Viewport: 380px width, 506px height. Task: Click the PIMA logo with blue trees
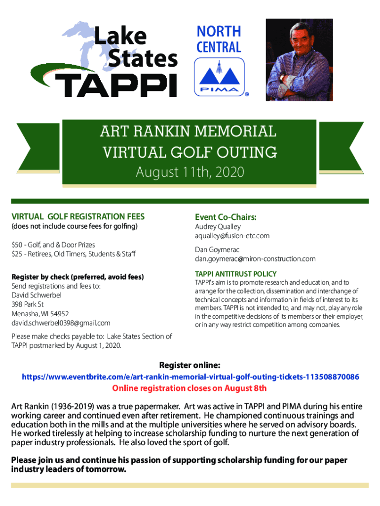pyautogui.click(x=219, y=77)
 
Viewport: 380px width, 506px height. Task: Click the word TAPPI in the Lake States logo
pyautogui.click(x=116, y=84)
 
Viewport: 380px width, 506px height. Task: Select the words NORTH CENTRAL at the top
pyautogui.click(x=219, y=39)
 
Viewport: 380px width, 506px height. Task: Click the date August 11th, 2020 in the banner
pyautogui.click(x=190, y=172)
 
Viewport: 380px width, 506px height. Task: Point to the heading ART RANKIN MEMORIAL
pyautogui.click(x=188, y=132)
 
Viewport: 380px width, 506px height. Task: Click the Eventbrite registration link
pyautogui.click(x=190, y=377)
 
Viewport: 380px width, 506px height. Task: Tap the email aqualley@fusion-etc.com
pyautogui.click(x=232, y=236)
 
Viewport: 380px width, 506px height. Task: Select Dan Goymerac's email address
pyautogui.click(x=255, y=258)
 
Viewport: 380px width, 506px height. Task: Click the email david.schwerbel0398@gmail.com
pyautogui.click(x=61, y=323)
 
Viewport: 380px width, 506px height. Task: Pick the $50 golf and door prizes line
pyautogui.click(x=53, y=245)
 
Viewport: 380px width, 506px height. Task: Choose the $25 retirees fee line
pyautogui.click(x=73, y=254)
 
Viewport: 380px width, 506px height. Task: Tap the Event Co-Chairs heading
pyautogui.click(x=226, y=217)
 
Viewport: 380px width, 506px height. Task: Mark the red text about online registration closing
pyautogui.click(x=190, y=388)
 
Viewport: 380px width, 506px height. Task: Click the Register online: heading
pyautogui.click(x=190, y=366)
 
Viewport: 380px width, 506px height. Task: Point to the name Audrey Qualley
pyautogui.click(x=218, y=226)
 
